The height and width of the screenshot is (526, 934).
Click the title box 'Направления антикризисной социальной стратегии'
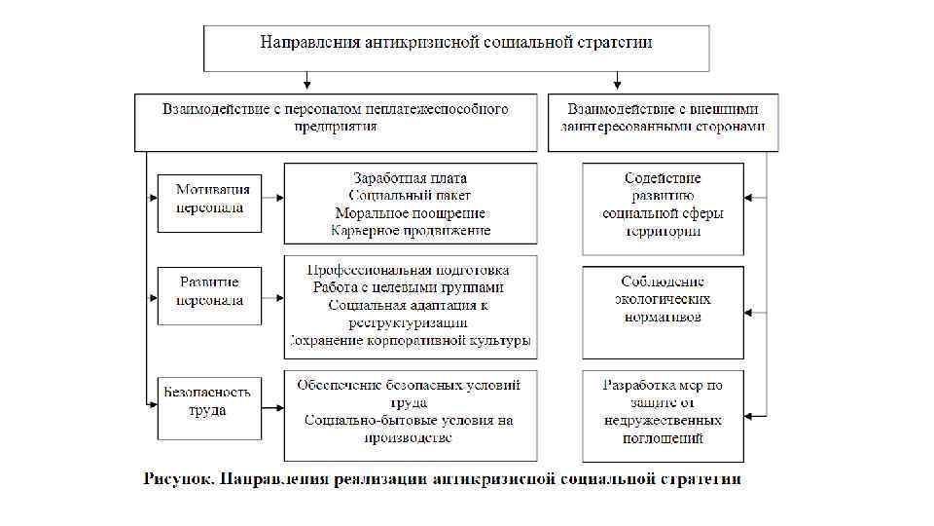tap(455, 43)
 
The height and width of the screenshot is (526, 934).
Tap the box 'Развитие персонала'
tap(209, 291)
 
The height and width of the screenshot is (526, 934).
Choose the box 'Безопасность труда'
tap(209, 401)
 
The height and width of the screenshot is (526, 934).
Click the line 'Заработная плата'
tap(410, 178)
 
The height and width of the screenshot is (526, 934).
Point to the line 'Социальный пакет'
tap(410, 196)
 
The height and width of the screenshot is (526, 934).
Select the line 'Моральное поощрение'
tap(410, 213)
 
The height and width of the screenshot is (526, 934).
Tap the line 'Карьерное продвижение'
tap(410, 231)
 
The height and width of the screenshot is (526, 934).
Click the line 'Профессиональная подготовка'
tap(410, 270)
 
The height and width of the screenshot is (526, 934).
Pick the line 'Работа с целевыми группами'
tap(410, 287)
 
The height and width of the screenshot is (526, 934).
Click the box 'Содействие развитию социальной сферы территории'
tap(663, 206)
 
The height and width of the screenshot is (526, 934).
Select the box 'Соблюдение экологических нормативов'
tap(663, 299)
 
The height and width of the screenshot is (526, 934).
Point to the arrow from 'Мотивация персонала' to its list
tap(273, 198)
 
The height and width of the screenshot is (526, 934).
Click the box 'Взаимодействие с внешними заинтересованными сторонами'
tap(663, 118)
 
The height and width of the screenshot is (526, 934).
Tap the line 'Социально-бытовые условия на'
tap(410, 421)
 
